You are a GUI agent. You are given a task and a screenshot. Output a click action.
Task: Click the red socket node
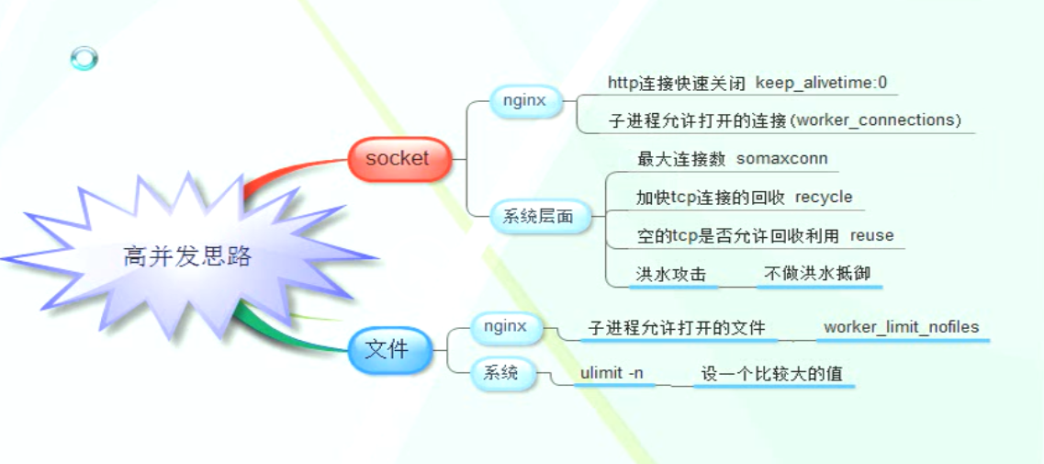coord(399,159)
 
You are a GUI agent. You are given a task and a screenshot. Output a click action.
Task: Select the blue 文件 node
coord(387,349)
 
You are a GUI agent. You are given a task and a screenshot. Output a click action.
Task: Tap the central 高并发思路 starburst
coord(187,256)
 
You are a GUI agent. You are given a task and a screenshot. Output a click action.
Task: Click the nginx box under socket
coord(526,102)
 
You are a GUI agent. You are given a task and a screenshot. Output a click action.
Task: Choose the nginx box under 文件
coord(505,327)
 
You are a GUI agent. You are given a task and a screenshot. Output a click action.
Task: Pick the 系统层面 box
coord(541,216)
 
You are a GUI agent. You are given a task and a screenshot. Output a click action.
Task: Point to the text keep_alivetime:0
coord(822,84)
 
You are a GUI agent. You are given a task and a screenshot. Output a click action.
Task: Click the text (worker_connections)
coord(880,121)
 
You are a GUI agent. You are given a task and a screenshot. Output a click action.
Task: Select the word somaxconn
coord(782,159)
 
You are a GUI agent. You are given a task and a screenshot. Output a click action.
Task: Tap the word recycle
coord(824,198)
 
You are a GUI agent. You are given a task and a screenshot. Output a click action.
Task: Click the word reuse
coord(871,236)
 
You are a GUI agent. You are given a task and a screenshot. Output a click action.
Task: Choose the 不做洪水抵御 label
coord(817,274)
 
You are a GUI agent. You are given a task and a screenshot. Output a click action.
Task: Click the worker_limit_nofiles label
coord(902,327)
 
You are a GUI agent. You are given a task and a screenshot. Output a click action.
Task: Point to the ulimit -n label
coord(612,373)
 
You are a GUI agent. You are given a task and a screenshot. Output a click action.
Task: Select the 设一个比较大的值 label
coord(771,373)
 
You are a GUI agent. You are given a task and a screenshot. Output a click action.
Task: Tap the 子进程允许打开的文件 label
coord(677,328)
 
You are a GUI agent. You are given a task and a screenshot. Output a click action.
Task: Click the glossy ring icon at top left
coord(84,59)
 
